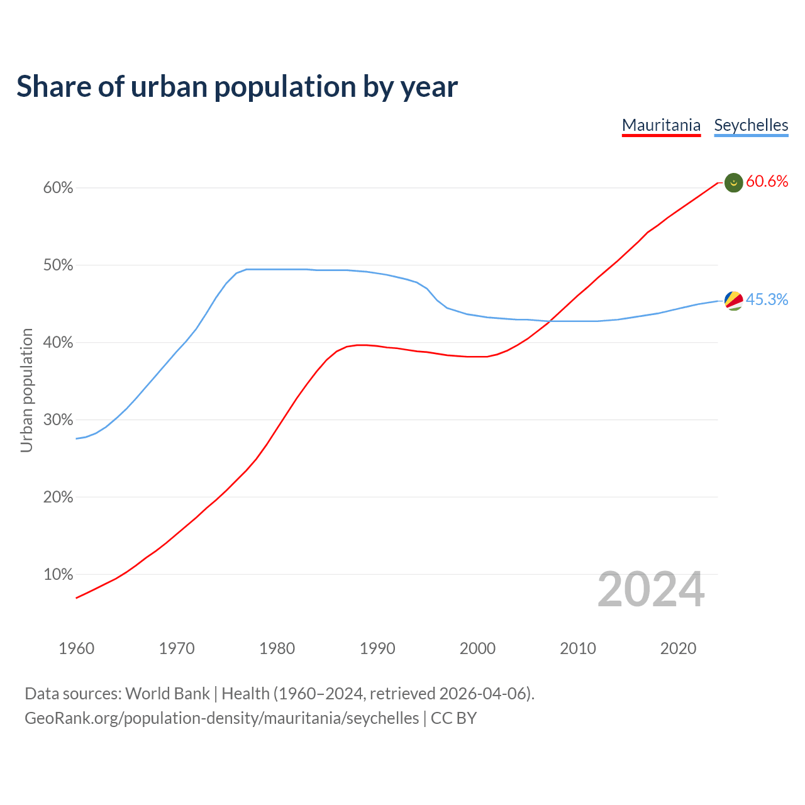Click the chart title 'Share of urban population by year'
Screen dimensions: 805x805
[237, 86]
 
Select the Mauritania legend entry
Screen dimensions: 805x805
[661, 125]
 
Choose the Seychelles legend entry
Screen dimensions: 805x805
[751, 125]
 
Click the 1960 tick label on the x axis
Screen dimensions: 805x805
[76, 648]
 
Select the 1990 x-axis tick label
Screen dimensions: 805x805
[377, 648]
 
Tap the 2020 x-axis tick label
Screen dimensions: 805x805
[678, 648]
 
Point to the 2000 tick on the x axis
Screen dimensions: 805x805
[477, 648]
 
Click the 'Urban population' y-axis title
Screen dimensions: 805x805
[26, 390]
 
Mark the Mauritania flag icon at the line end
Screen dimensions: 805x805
[734, 182]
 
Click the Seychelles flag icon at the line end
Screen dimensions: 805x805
[734, 301]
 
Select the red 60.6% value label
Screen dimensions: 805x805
[767, 182]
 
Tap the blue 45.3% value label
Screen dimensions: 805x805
[767, 300]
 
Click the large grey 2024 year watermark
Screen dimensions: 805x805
[651, 589]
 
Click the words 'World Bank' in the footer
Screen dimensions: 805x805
[167, 694]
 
